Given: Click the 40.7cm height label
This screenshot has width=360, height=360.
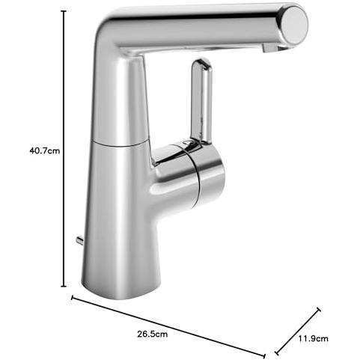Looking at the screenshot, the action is click(x=45, y=150).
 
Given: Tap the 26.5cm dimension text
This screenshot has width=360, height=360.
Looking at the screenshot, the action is click(x=153, y=334).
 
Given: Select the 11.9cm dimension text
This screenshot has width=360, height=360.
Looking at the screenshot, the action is click(x=314, y=338).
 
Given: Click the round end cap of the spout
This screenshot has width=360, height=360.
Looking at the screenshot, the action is click(x=294, y=24).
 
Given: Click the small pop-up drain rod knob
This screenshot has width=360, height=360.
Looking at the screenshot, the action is click(x=81, y=240).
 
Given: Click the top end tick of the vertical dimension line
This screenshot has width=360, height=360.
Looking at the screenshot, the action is click(x=64, y=11).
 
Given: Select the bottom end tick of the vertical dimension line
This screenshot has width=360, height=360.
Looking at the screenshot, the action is click(x=64, y=287).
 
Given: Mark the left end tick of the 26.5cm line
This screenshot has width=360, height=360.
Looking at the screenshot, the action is click(x=73, y=298).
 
